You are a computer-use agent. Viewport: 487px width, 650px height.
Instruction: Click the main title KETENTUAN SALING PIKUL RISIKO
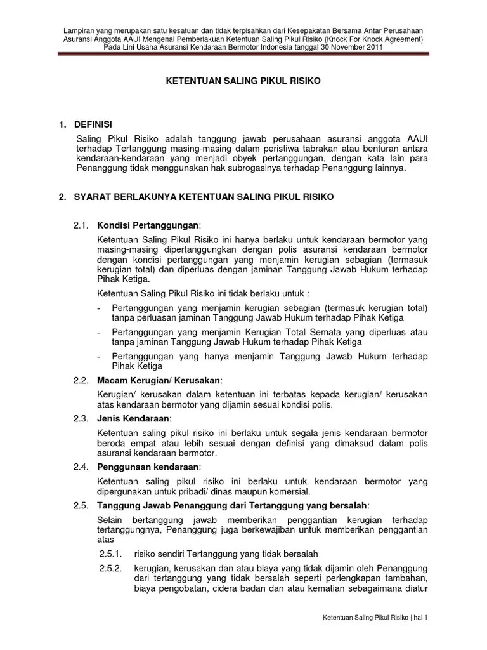244,81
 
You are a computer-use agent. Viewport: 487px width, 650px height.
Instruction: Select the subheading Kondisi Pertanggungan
147,225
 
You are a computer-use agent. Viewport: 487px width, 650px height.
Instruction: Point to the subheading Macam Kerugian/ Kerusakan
159,380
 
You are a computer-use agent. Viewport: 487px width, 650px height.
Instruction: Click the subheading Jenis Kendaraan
133,418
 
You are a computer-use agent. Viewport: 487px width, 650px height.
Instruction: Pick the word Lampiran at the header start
79,30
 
